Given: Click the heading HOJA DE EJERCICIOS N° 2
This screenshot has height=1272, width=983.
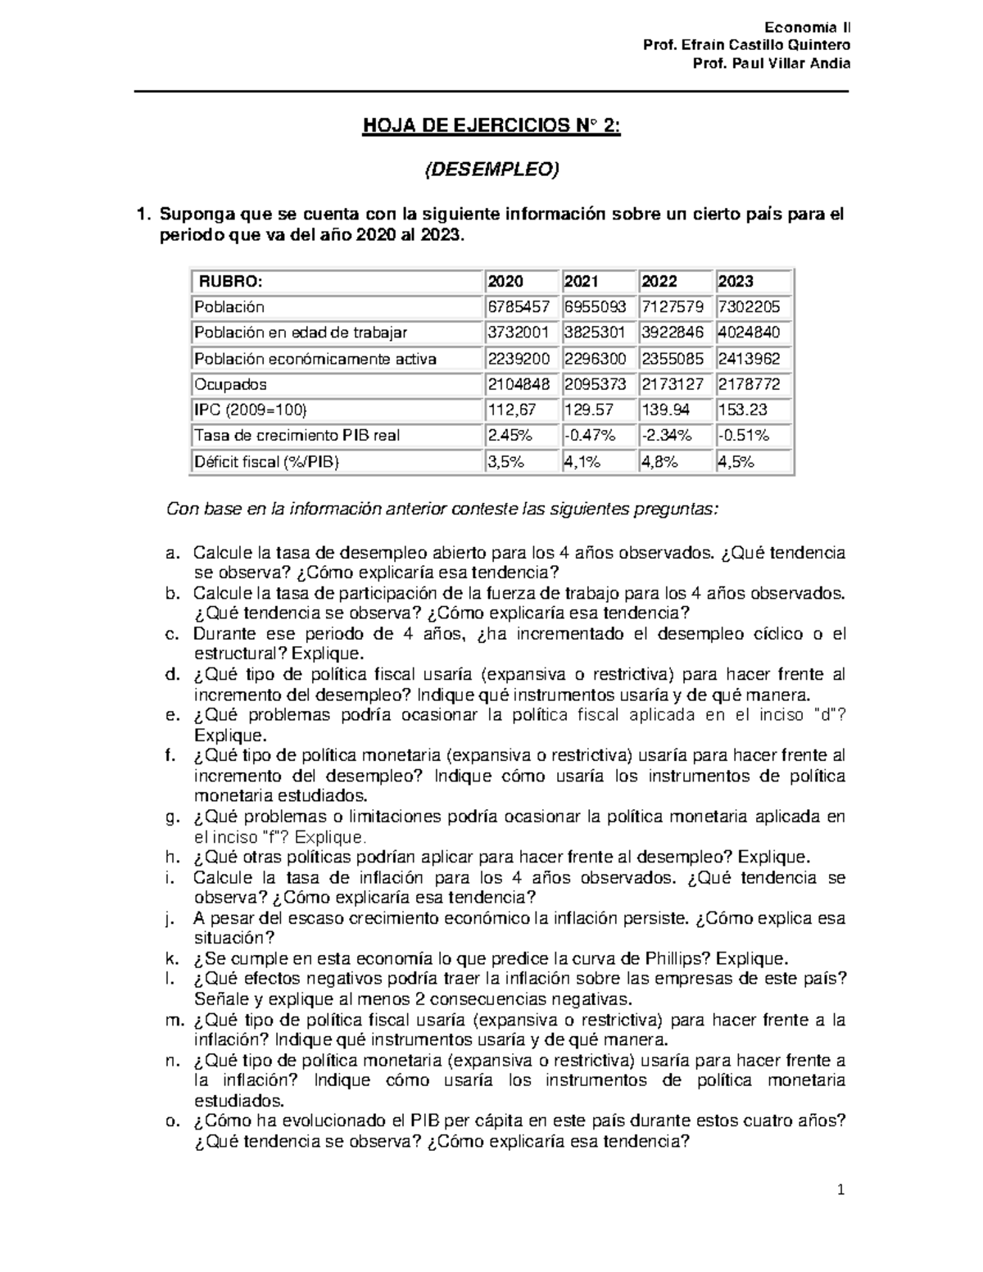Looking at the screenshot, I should click(x=491, y=127).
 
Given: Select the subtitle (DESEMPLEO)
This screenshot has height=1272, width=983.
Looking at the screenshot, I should click(x=491, y=170).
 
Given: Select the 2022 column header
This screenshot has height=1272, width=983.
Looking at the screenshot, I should click(x=659, y=282).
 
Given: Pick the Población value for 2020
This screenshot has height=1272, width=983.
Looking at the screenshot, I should click(x=519, y=307).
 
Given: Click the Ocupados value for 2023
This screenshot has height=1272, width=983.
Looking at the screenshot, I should click(x=749, y=384).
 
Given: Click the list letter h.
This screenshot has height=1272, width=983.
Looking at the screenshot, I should click(x=170, y=858).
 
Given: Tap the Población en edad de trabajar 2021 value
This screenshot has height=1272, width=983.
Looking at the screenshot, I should click(x=595, y=333).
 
